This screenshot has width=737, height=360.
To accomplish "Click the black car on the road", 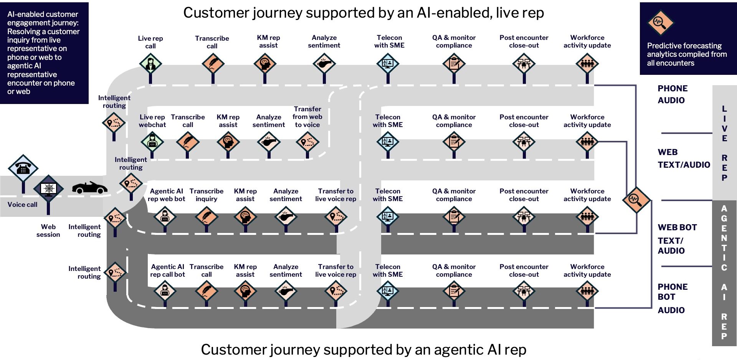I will click(x=89, y=188).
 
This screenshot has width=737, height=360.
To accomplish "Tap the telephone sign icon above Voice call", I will click(x=23, y=168).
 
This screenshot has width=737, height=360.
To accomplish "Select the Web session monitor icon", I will click(x=48, y=188).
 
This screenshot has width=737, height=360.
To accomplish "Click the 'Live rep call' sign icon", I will click(x=150, y=63).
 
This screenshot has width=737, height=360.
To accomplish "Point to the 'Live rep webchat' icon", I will click(x=152, y=142).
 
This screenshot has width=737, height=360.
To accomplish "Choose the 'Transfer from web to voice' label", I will click(x=307, y=117).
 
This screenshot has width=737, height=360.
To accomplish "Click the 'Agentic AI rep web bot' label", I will click(x=166, y=195).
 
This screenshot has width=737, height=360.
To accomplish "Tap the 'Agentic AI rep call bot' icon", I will click(x=165, y=291).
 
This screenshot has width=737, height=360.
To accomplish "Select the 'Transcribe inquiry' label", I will click(x=206, y=195).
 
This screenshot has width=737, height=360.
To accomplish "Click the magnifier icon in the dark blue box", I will click(x=660, y=22).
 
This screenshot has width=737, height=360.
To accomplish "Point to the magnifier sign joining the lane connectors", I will click(x=635, y=199).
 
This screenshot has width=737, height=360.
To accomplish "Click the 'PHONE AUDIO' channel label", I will click(x=672, y=94).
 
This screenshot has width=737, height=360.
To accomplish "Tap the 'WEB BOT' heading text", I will click(x=677, y=227).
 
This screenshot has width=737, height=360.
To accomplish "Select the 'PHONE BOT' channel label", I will click(x=672, y=292).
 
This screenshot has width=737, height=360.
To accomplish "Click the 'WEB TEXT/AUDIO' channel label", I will click(x=683, y=159).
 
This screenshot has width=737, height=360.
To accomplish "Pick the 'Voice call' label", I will click(x=22, y=205).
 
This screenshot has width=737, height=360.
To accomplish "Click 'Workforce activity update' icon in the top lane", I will click(x=587, y=63).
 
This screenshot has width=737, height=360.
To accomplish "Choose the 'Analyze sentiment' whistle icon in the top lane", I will click(x=324, y=63).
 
